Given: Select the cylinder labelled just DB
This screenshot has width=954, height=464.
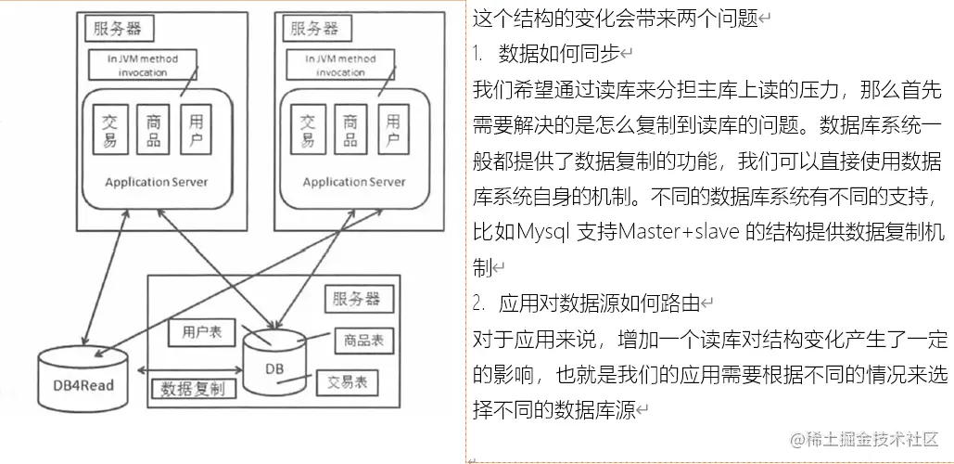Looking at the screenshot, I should pos(273,361).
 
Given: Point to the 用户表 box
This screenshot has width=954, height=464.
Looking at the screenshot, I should pos(202,331).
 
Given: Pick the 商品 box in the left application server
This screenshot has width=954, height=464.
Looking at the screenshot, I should pos(154,131).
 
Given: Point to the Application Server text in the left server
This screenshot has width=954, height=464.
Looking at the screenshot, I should pos(156,182).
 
